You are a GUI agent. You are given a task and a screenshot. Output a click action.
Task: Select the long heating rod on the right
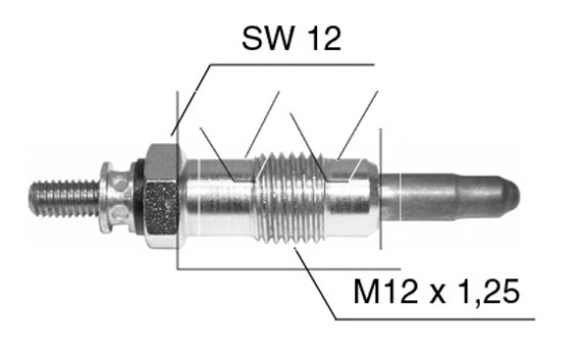pyautogui.click(x=447, y=197)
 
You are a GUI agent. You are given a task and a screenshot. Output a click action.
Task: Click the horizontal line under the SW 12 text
pyautogui.click(x=294, y=65)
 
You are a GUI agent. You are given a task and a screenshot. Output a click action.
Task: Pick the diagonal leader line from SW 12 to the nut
pyautogui.click(x=190, y=98)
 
